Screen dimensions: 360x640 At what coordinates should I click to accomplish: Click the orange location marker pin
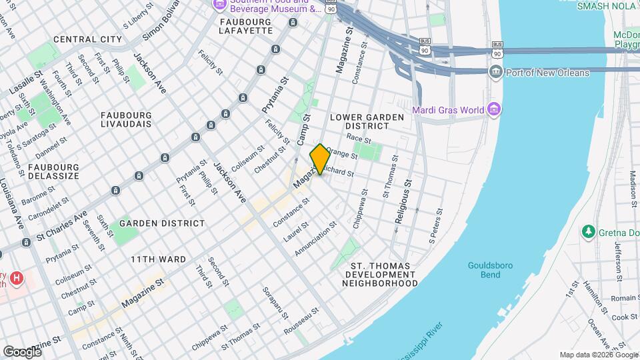319,159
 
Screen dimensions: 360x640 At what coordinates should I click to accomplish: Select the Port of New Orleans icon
495,73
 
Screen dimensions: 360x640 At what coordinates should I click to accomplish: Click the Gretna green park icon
589,232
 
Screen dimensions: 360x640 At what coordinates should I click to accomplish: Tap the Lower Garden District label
367,121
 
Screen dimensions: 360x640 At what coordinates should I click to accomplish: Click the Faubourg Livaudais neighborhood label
126,119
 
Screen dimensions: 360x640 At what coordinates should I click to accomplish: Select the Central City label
88,39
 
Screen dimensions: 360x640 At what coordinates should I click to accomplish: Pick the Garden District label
161,223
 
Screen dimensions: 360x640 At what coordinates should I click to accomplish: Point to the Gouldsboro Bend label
490,269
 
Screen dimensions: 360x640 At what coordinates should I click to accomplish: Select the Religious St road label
403,201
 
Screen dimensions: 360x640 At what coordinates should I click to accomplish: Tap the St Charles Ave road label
62,226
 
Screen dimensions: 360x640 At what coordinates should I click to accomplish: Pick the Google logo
22,351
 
